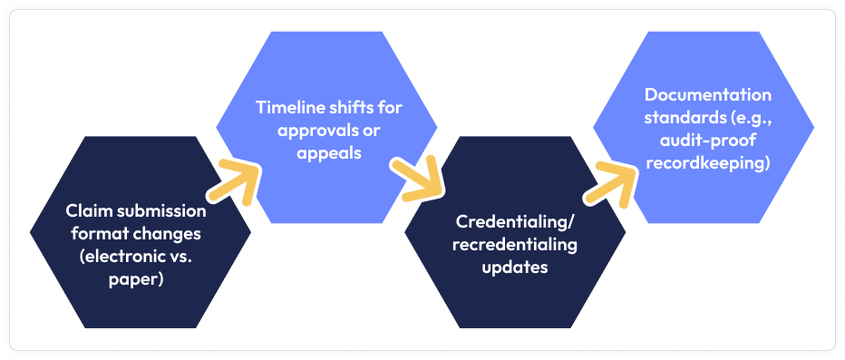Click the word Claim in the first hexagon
[86, 210]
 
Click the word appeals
[326, 152]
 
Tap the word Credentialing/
[514, 222]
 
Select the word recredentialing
[514, 245]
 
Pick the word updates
[514, 268]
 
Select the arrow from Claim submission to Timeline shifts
[233, 181]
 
